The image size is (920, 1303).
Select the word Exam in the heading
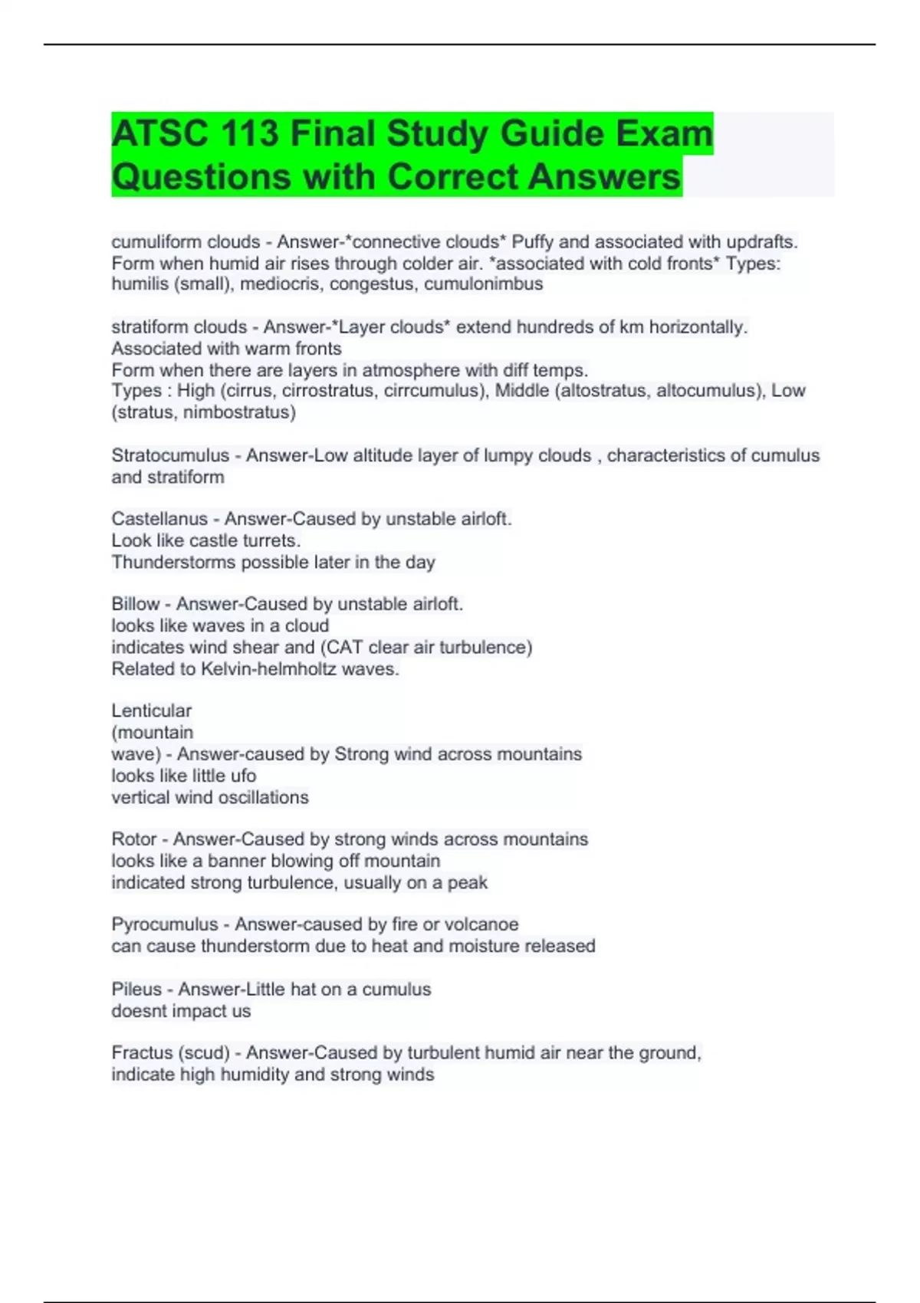[x=665, y=133]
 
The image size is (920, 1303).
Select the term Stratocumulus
[x=170, y=455]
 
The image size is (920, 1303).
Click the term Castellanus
[x=159, y=519]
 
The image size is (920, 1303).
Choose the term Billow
[x=136, y=604]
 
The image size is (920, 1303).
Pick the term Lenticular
[x=151, y=711]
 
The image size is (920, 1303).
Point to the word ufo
[x=242, y=776]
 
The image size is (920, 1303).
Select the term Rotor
[x=134, y=839]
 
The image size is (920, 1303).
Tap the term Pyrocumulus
[x=164, y=924]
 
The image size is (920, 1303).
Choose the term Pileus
[x=136, y=990]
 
